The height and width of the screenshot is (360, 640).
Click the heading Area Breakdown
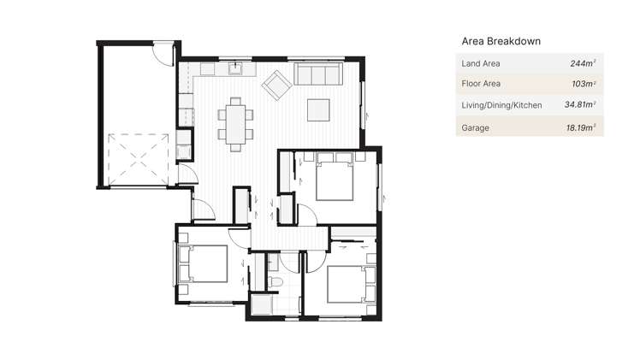tap(501, 40)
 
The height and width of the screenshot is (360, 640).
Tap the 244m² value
tap(583, 63)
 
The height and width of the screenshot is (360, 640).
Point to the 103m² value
tap(583, 84)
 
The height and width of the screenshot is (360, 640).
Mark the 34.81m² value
tap(579, 105)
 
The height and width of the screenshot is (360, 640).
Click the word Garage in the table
tap(475, 127)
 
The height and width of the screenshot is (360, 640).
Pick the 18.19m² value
tap(581, 127)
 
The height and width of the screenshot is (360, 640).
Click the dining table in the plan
tap(235, 121)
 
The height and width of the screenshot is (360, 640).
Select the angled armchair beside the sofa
tap(276, 85)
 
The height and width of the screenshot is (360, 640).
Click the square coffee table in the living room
tap(318, 109)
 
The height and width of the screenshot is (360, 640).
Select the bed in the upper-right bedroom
tap(334, 177)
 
